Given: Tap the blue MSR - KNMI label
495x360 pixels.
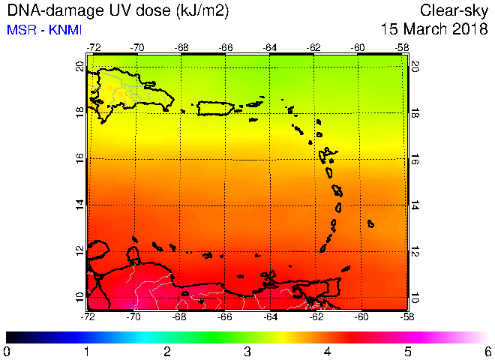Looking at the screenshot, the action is point(44,30).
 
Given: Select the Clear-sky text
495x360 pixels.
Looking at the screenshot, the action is point(454,11).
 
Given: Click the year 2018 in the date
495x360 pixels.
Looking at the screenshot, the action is point(470,29).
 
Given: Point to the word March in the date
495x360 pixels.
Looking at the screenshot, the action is point(425,29).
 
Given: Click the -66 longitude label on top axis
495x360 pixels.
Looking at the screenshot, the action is point(226,48).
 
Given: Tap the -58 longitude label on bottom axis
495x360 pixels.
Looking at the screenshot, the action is point(406,316).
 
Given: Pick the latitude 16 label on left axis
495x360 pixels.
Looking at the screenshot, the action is point(80,158).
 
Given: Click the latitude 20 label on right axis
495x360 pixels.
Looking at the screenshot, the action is point(415,67).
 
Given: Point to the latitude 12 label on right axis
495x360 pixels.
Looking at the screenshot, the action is point(415,252).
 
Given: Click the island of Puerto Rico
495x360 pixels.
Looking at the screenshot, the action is point(215,108).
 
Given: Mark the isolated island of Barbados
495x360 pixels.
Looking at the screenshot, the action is point(371,223).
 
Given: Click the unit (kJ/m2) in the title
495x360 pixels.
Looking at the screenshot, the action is point(202,11).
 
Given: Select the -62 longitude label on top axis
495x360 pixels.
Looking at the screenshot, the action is point(313,48).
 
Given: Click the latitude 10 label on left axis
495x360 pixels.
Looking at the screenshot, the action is point(80,298).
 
